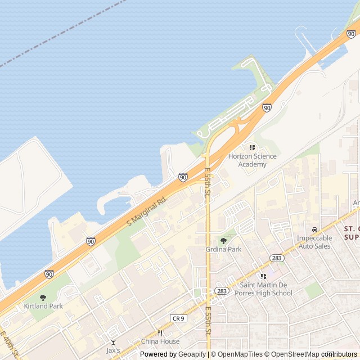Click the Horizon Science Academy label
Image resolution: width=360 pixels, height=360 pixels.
[252, 160]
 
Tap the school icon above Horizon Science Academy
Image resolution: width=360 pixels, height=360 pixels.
[252, 147]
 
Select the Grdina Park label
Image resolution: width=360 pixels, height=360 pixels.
[223, 249]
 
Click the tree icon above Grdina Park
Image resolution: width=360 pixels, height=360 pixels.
[223, 241]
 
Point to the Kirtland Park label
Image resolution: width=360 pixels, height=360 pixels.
[43, 306]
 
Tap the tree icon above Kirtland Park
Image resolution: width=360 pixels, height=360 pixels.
[43, 298]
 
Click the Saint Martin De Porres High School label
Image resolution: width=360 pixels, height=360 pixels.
[263, 289]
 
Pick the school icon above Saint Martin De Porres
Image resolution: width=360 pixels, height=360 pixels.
[263, 276]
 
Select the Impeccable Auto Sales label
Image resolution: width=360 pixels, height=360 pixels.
[314, 242]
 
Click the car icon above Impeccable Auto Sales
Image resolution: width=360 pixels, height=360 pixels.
[314, 229]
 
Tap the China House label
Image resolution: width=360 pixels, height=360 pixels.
[160, 341]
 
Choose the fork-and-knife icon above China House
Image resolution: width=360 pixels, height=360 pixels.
[160, 333]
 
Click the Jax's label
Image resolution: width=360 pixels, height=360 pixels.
[113, 350]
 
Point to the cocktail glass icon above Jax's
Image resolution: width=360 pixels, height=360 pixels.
[113, 341]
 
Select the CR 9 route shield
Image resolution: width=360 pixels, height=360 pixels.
[178, 318]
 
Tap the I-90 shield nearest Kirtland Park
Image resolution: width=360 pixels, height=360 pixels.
[49, 274]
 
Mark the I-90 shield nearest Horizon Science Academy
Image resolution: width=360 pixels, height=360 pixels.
[267, 107]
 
